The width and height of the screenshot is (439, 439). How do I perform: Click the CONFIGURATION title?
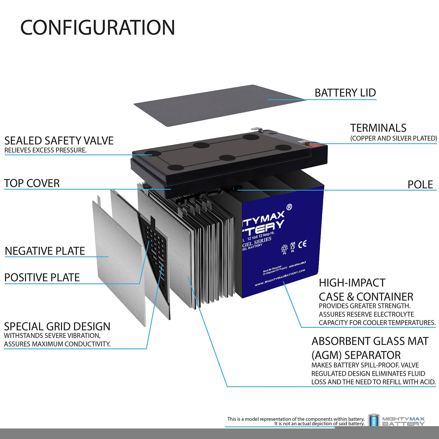(98, 28)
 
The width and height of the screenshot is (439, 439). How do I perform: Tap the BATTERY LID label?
(345, 93)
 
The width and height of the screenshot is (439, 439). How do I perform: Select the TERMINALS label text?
(378, 128)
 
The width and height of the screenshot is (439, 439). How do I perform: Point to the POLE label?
(420, 184)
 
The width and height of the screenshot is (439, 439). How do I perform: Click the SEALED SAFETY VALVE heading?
(59, 140)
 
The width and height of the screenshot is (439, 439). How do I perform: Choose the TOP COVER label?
(32, 183)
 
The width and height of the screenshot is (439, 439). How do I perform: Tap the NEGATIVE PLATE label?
(45, 251)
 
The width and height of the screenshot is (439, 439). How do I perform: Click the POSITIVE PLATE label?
(42, 277)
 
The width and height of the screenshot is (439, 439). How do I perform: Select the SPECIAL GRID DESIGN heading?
(57, 326)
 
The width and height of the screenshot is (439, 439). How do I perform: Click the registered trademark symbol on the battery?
(289, 207)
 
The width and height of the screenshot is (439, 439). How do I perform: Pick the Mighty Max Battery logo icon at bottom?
(373, 421)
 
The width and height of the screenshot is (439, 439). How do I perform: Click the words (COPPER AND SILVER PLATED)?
(393, 138)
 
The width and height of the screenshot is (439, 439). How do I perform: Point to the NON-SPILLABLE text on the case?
(297, 265)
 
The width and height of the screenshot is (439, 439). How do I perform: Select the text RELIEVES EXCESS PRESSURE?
(45, 150)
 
